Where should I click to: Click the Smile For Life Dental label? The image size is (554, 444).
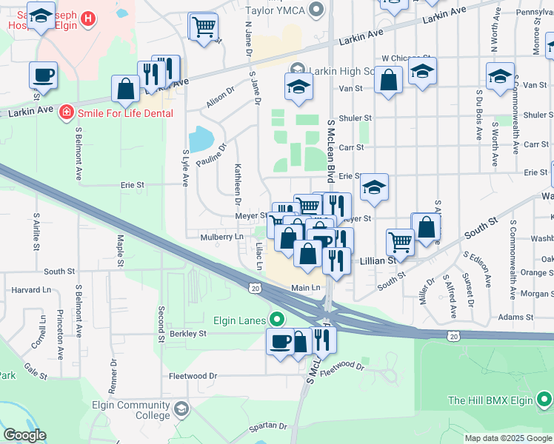[x=125, y=113]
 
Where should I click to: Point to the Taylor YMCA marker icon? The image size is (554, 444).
[x=318, y=9]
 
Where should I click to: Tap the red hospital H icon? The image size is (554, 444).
[x=89, y=18]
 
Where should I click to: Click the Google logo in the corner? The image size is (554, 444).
[x=24, y=435]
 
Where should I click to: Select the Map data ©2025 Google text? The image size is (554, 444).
[x=507, y=439]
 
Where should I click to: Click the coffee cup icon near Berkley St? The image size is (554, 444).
[x=281, y=341]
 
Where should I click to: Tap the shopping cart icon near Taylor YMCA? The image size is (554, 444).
[x=203, y=27]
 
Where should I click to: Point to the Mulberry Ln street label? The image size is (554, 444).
[x=221, y=237]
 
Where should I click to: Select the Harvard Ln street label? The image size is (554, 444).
[x=31, y=290]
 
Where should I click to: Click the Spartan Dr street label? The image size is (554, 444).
[x=268, y=425]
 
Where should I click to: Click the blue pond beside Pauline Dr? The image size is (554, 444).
[x=200, y=138]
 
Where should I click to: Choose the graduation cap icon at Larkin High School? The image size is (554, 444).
[x=298, y=87]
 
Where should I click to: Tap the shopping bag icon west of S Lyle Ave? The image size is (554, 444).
[x=127, y=89]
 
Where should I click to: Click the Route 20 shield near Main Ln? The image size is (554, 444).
[x=255, y=288]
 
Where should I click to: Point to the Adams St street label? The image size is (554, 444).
[x=515, y=317]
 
